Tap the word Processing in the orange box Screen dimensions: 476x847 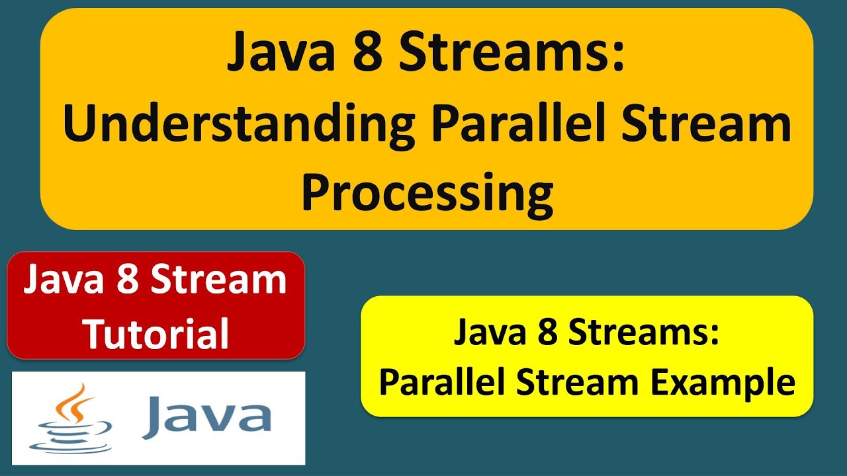pos(427,192)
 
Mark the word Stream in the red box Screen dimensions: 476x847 pos(218,280)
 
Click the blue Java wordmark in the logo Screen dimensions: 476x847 pos(206,416)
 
